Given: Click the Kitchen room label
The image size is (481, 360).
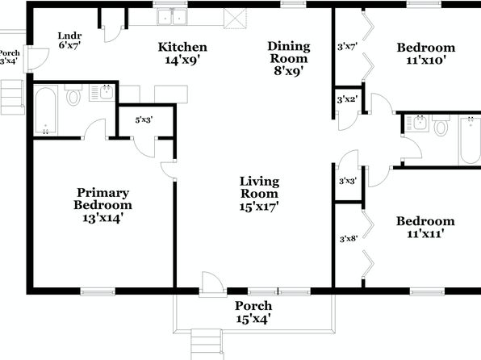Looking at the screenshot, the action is (x=182, y=48).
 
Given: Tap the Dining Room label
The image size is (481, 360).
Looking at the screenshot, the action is (x=289, y=52).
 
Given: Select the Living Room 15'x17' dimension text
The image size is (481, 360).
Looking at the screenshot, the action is (x=259, y=207).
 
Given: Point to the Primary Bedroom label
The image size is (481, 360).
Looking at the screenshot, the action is (x=102, y=199).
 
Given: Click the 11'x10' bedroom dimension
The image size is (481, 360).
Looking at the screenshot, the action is (x=426, y=61).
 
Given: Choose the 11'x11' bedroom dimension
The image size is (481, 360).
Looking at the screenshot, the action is (x=425, y=234).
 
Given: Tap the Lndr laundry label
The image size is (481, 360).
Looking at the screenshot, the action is (x=69, y=36).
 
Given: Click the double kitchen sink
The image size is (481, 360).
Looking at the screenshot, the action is (x=172, y=17).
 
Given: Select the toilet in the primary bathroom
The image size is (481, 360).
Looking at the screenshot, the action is (x=73, y=95).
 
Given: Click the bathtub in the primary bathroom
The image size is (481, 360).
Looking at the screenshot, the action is (x=46, y=111).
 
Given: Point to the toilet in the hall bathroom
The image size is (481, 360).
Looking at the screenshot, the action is (x=441, y=125).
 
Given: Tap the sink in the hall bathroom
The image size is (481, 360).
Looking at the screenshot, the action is (x=418, y=123).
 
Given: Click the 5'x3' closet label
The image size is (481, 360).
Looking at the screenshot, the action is (x=144, y=120).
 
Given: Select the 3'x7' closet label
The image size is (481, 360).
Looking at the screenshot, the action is (x=347, y=47).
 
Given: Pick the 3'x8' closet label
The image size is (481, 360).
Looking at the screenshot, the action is (x=349, y=238).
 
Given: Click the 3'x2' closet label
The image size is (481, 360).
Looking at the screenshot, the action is (x=347, y=99).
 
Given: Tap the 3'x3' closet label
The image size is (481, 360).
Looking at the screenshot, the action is (x=348, y=181).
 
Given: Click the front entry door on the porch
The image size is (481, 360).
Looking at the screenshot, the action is (x=212, y=284).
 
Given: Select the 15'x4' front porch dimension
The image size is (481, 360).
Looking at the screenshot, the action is (x=253, y=319).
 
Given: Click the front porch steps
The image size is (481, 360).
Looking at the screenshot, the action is (x=206, y=345).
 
